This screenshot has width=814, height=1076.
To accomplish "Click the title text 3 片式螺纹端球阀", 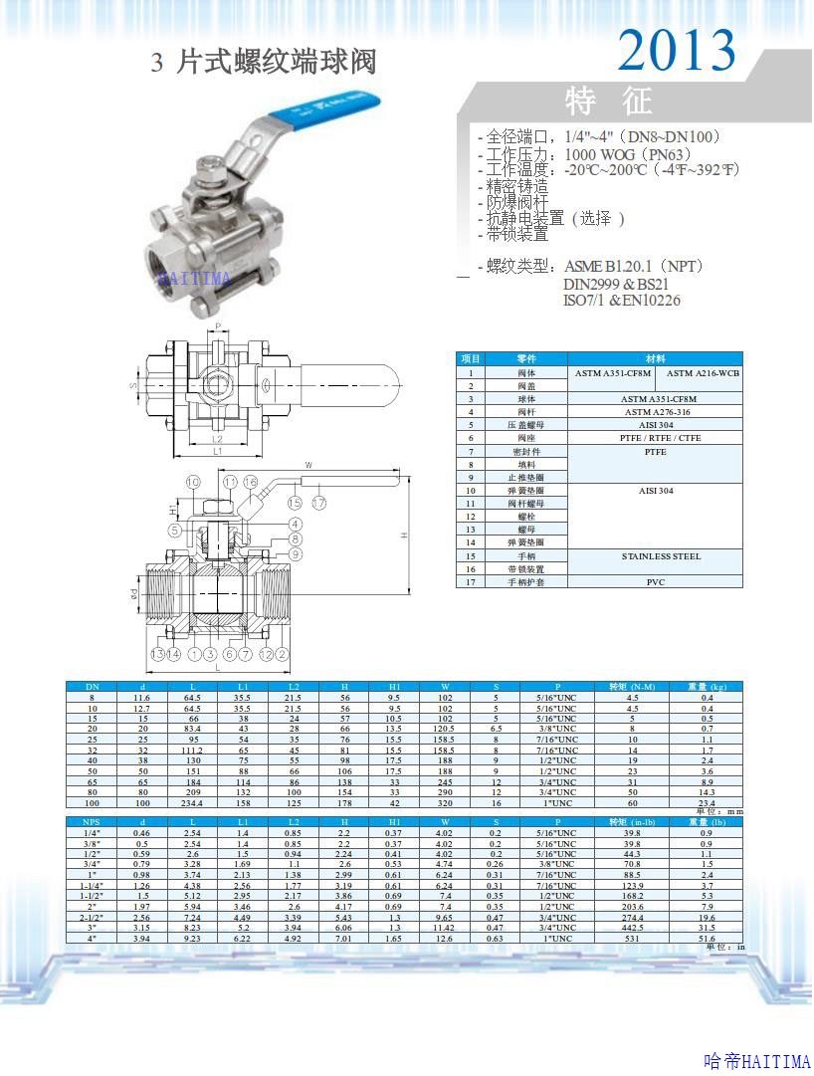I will pos(264,63).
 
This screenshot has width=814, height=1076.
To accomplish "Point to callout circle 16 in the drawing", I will pos(251,483).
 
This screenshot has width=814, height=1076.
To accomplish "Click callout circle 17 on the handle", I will pos(318,503).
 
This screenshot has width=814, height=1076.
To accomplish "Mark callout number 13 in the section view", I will pos(157,654).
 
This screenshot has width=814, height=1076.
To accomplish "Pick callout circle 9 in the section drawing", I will pos(296,553).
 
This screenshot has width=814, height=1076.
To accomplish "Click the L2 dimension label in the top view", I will pos(217,439).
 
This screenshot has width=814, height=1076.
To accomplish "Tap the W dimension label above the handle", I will pos(308,464).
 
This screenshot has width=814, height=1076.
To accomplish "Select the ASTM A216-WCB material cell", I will pos(703,373).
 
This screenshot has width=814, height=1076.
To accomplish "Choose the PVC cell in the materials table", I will pos(655,582).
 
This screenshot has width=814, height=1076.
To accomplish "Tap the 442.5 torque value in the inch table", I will pos(632,927).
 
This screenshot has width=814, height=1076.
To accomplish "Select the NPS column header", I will pos(91,821).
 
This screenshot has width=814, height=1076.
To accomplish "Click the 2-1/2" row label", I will pos(91,917).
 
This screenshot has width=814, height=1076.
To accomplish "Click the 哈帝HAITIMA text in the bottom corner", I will pos(756,1062).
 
